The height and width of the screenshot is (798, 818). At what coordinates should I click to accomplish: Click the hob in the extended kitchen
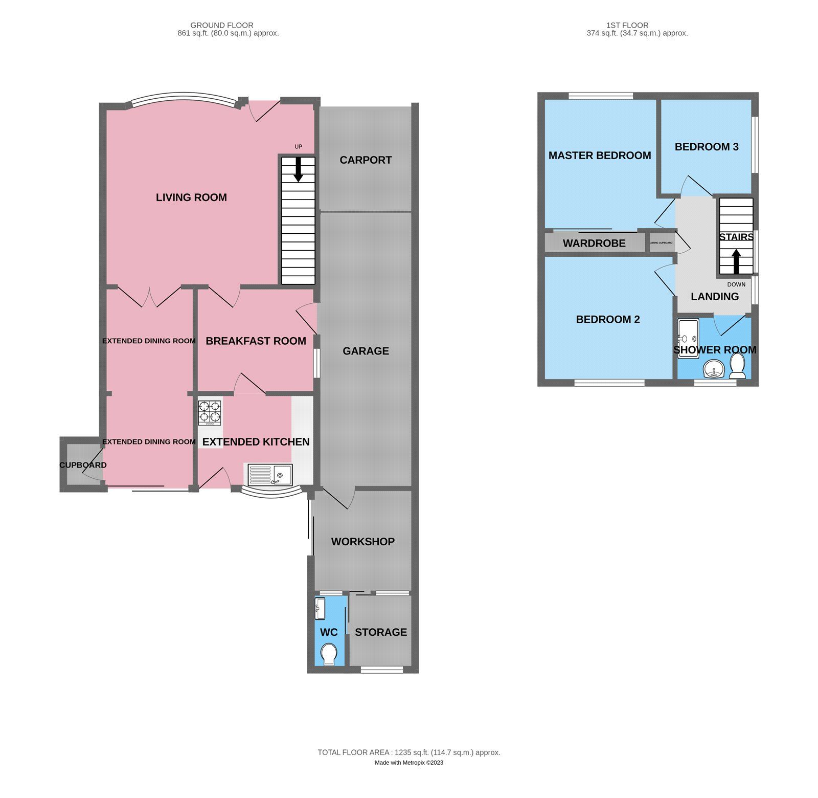point(210,413)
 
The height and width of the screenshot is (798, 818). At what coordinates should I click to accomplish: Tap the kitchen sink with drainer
point(269,475)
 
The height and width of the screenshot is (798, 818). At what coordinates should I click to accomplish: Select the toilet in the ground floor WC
point(329,654)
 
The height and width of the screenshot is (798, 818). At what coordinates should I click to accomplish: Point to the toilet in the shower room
point(737,366)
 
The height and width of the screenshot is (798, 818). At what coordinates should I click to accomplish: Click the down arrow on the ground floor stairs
point(298,169)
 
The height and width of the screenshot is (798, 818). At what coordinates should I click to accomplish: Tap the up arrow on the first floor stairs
point(736,261)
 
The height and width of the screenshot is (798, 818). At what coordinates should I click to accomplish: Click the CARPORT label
point(366,160)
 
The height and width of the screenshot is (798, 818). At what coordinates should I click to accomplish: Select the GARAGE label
point(366,351)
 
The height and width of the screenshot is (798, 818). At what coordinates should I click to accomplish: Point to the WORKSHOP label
point(362,542)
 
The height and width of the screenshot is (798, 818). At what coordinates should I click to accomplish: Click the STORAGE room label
point(381,632)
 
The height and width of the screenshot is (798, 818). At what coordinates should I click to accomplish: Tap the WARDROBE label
point(594,243)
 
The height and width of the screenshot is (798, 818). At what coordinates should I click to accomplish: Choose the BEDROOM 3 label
point(707,147)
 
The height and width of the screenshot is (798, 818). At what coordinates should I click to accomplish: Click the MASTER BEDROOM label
point(600,156)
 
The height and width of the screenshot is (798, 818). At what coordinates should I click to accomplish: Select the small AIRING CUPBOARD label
point(661,242)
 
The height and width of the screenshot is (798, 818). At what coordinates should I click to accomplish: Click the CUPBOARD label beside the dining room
point(83,465)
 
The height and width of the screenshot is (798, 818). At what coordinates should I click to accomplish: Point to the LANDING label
point(714,297)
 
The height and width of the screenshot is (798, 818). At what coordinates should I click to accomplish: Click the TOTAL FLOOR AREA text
point(408,752)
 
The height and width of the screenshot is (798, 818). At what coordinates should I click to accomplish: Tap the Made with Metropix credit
point(408,763)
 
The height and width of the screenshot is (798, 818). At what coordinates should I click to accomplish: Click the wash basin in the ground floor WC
point(320,608)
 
